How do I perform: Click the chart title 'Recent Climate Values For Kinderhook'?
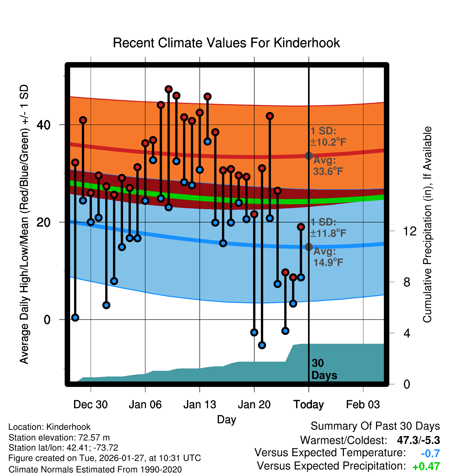(x=226, y=43)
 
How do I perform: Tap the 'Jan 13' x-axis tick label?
(x=199, y=405)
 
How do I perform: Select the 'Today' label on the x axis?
(x=309, y=405)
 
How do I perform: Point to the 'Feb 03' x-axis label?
(x=363, y=405)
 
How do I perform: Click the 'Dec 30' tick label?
(x=90, y=405)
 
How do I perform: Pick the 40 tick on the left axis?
(x=43, y=125)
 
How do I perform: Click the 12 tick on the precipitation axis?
(x=410, y=231)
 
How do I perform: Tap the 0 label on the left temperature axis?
(x=47, y=320)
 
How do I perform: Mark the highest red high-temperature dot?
(x=169, y=89)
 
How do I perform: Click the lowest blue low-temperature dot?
(x=262, y=345)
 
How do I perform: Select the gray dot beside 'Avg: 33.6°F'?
(x=309, y=156)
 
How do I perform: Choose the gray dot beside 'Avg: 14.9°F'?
(x=309, y=247)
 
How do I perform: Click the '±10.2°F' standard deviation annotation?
(x=328, y=142)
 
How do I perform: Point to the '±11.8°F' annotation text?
(x=328, y=233)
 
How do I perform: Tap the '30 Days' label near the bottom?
(x=324, y=369)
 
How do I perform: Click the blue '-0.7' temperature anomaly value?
(x=430, y=453)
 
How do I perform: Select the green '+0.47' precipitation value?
(x=426, y=466)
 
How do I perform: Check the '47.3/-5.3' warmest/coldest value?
(x=418, y=440)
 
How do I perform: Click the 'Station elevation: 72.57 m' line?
(x=59, y=438)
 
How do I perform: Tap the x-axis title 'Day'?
(x=226, y=419)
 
